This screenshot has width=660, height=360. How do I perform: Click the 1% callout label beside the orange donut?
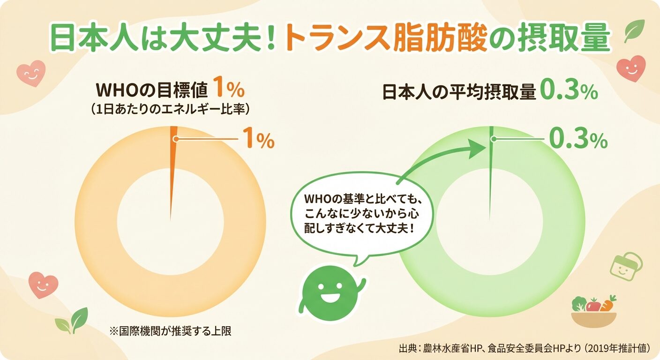click(x=257, y=139)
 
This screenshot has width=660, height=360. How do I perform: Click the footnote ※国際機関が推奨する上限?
click(x=171, y=331)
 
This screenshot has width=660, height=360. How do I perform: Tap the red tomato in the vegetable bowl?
click(x=593, y=305)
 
